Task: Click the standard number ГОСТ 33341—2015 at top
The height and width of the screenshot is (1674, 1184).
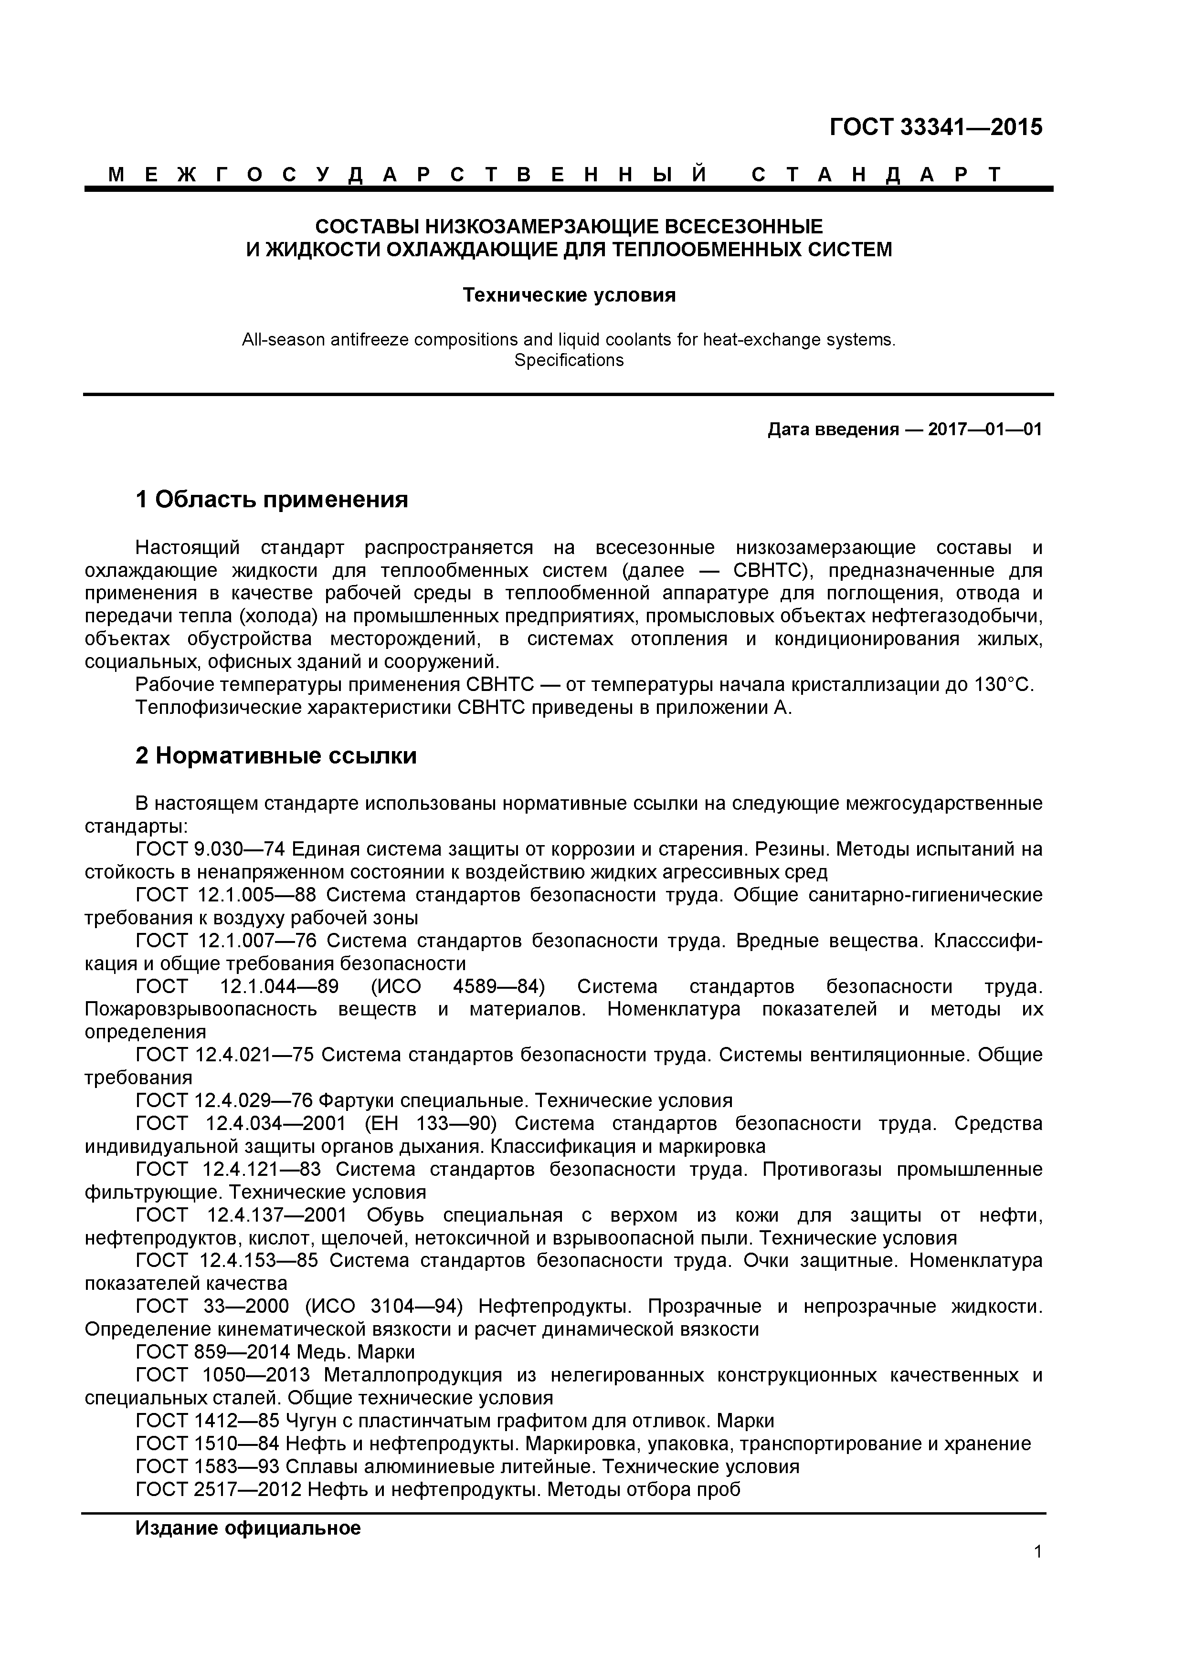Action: click(935, 127)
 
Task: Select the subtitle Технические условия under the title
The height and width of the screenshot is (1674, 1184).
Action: click(570, 295)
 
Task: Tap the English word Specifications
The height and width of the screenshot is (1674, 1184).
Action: click(569, 360)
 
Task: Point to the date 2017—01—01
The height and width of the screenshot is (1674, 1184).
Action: click(985, 429)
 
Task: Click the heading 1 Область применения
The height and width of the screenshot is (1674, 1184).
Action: click(271, 500)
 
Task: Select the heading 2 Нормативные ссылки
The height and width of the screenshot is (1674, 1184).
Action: click(276, 756)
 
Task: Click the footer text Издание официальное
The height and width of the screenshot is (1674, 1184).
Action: click(248, 1528)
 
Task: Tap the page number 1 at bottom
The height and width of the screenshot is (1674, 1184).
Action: click(1037, 1572)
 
